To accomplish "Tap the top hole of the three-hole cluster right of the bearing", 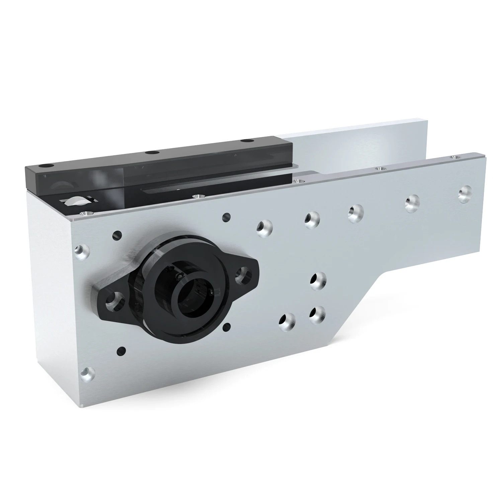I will tap(317, 280).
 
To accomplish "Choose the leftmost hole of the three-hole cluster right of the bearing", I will tap(287, 321).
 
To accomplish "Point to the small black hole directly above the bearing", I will tap(226, 217).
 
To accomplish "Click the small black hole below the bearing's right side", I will tap(227, 327).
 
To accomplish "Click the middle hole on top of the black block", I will tap(152, 153).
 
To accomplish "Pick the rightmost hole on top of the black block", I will tap(247, 140).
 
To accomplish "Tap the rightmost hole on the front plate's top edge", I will tap(454, 157).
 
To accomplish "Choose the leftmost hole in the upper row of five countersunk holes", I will tap(264, 227).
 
